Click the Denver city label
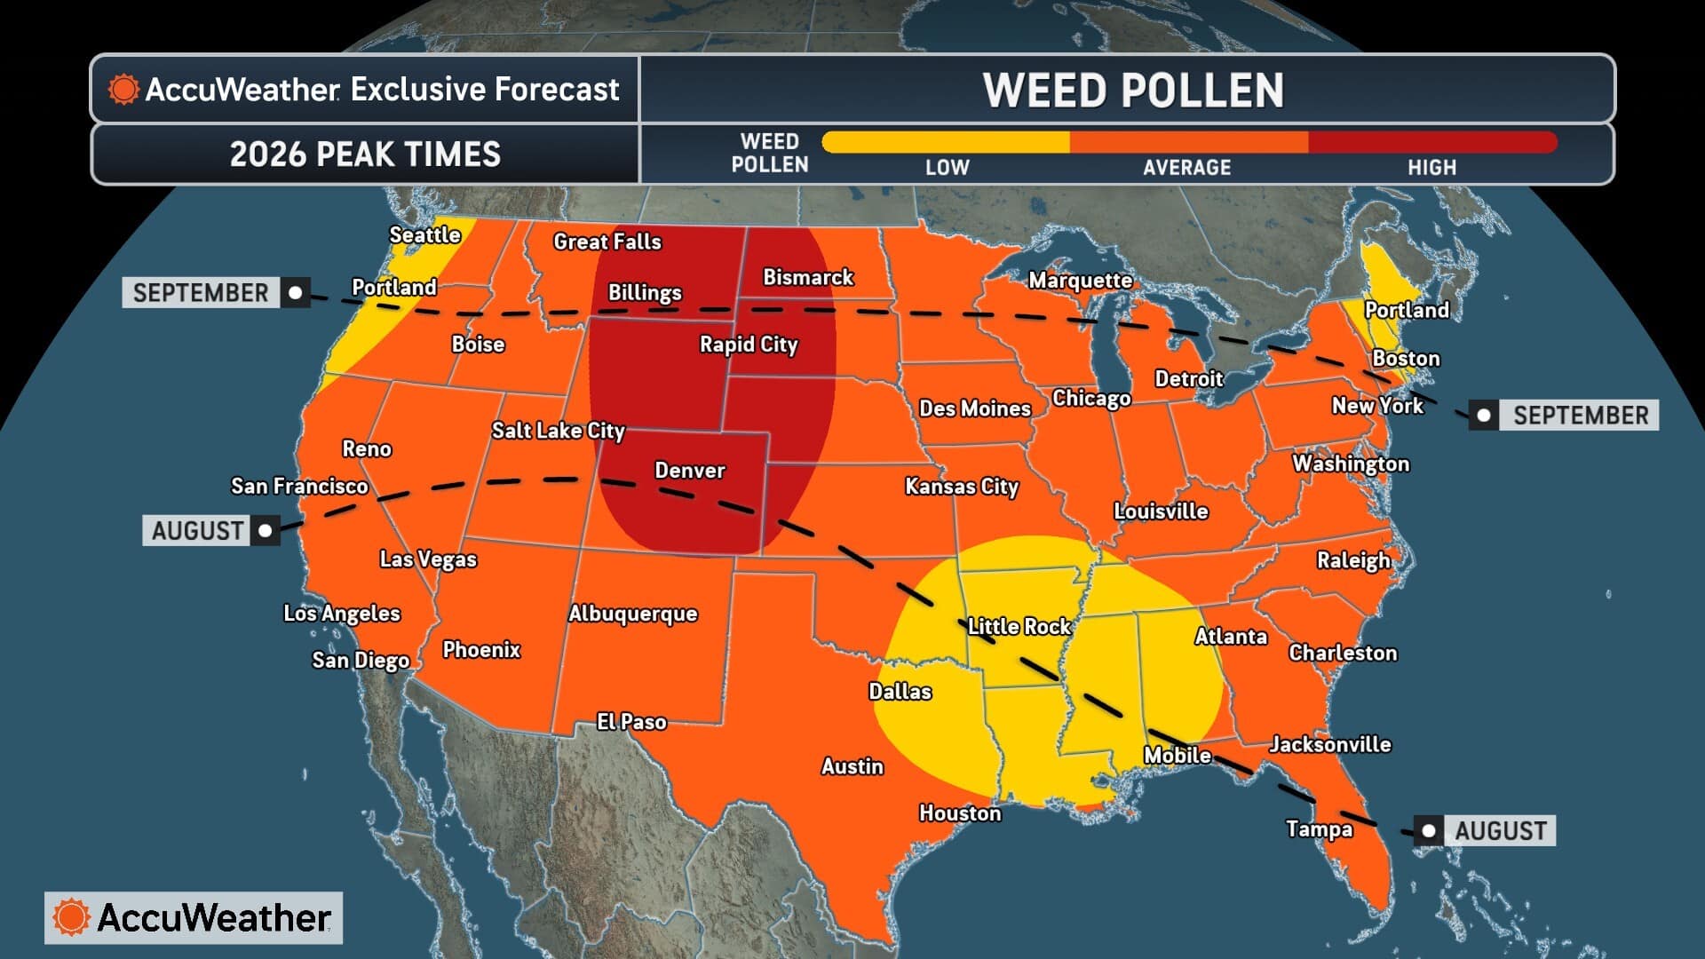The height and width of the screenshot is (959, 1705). (689, 471)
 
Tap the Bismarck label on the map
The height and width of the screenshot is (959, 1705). (807, 278)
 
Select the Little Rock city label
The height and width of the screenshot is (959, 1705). (1019, 627)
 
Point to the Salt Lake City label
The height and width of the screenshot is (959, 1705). (558, 431)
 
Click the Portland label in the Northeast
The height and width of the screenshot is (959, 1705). (1406, 310)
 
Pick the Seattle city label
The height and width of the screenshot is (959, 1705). (424, 235)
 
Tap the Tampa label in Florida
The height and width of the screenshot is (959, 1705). (1319, 829)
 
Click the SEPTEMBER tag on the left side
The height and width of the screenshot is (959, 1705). (201, 293)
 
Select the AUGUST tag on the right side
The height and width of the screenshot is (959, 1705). (1500, 831)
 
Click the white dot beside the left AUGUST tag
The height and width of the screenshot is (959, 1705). (265, 531)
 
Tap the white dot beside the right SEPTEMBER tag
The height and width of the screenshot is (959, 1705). (1483, 416)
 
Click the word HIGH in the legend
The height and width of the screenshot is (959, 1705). (1431, 168)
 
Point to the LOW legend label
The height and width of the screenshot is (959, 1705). (947, 168)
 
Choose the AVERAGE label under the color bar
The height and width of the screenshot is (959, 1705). (1186, 168)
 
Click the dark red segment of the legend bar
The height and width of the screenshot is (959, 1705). (1431, 142)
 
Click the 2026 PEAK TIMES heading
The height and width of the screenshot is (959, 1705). (365, 155)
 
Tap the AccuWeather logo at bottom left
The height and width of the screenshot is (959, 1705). (194, 917)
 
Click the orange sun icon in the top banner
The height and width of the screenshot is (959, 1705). (123, 89)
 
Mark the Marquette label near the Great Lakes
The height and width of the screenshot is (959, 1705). (1080, 281)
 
